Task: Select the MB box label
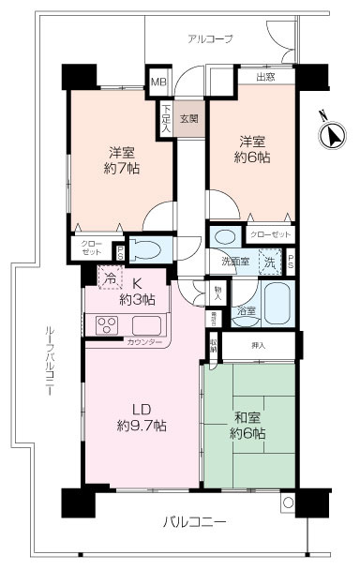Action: pyautogui.click(x=160, y=82)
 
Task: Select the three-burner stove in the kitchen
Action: pyautogui.click(x=107, y=326)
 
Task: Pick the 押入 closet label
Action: pyautogui.click(x=260, y=346)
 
